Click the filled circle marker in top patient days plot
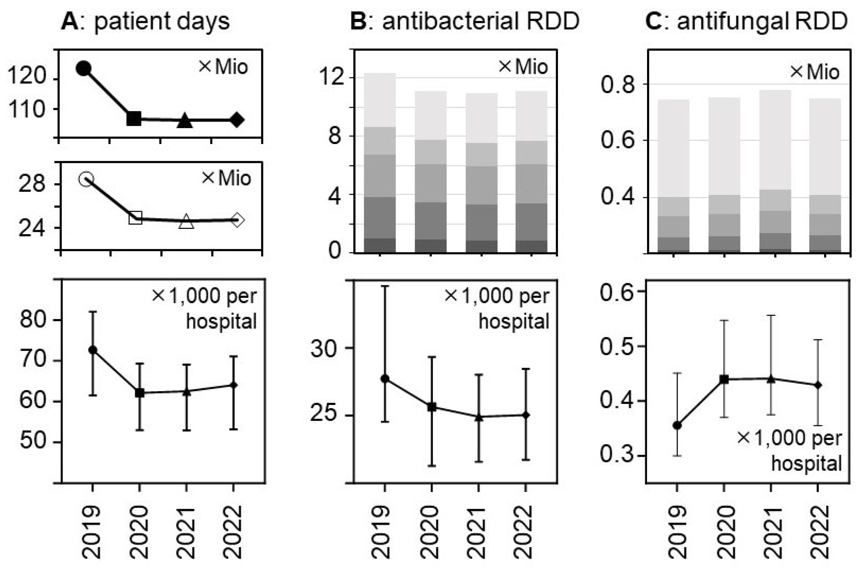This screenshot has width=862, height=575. [x=84, y=68]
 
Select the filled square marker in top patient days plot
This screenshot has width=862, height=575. [x=134, y=119]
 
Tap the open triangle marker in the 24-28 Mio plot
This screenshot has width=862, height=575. [x=186, y=221]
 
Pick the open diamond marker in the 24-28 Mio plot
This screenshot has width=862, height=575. [x=237, y=220]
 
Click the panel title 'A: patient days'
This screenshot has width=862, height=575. [x=145, y=21]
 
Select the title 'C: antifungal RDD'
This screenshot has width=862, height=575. [x=746, y=21]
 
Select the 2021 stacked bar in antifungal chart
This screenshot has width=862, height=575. [x=775, y=172]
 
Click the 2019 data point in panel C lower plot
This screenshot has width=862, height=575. [x=677, y=426]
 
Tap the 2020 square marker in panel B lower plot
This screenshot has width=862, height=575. [x=432, y=407]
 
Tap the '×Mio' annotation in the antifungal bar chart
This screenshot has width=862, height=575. [x=815, y=72]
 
